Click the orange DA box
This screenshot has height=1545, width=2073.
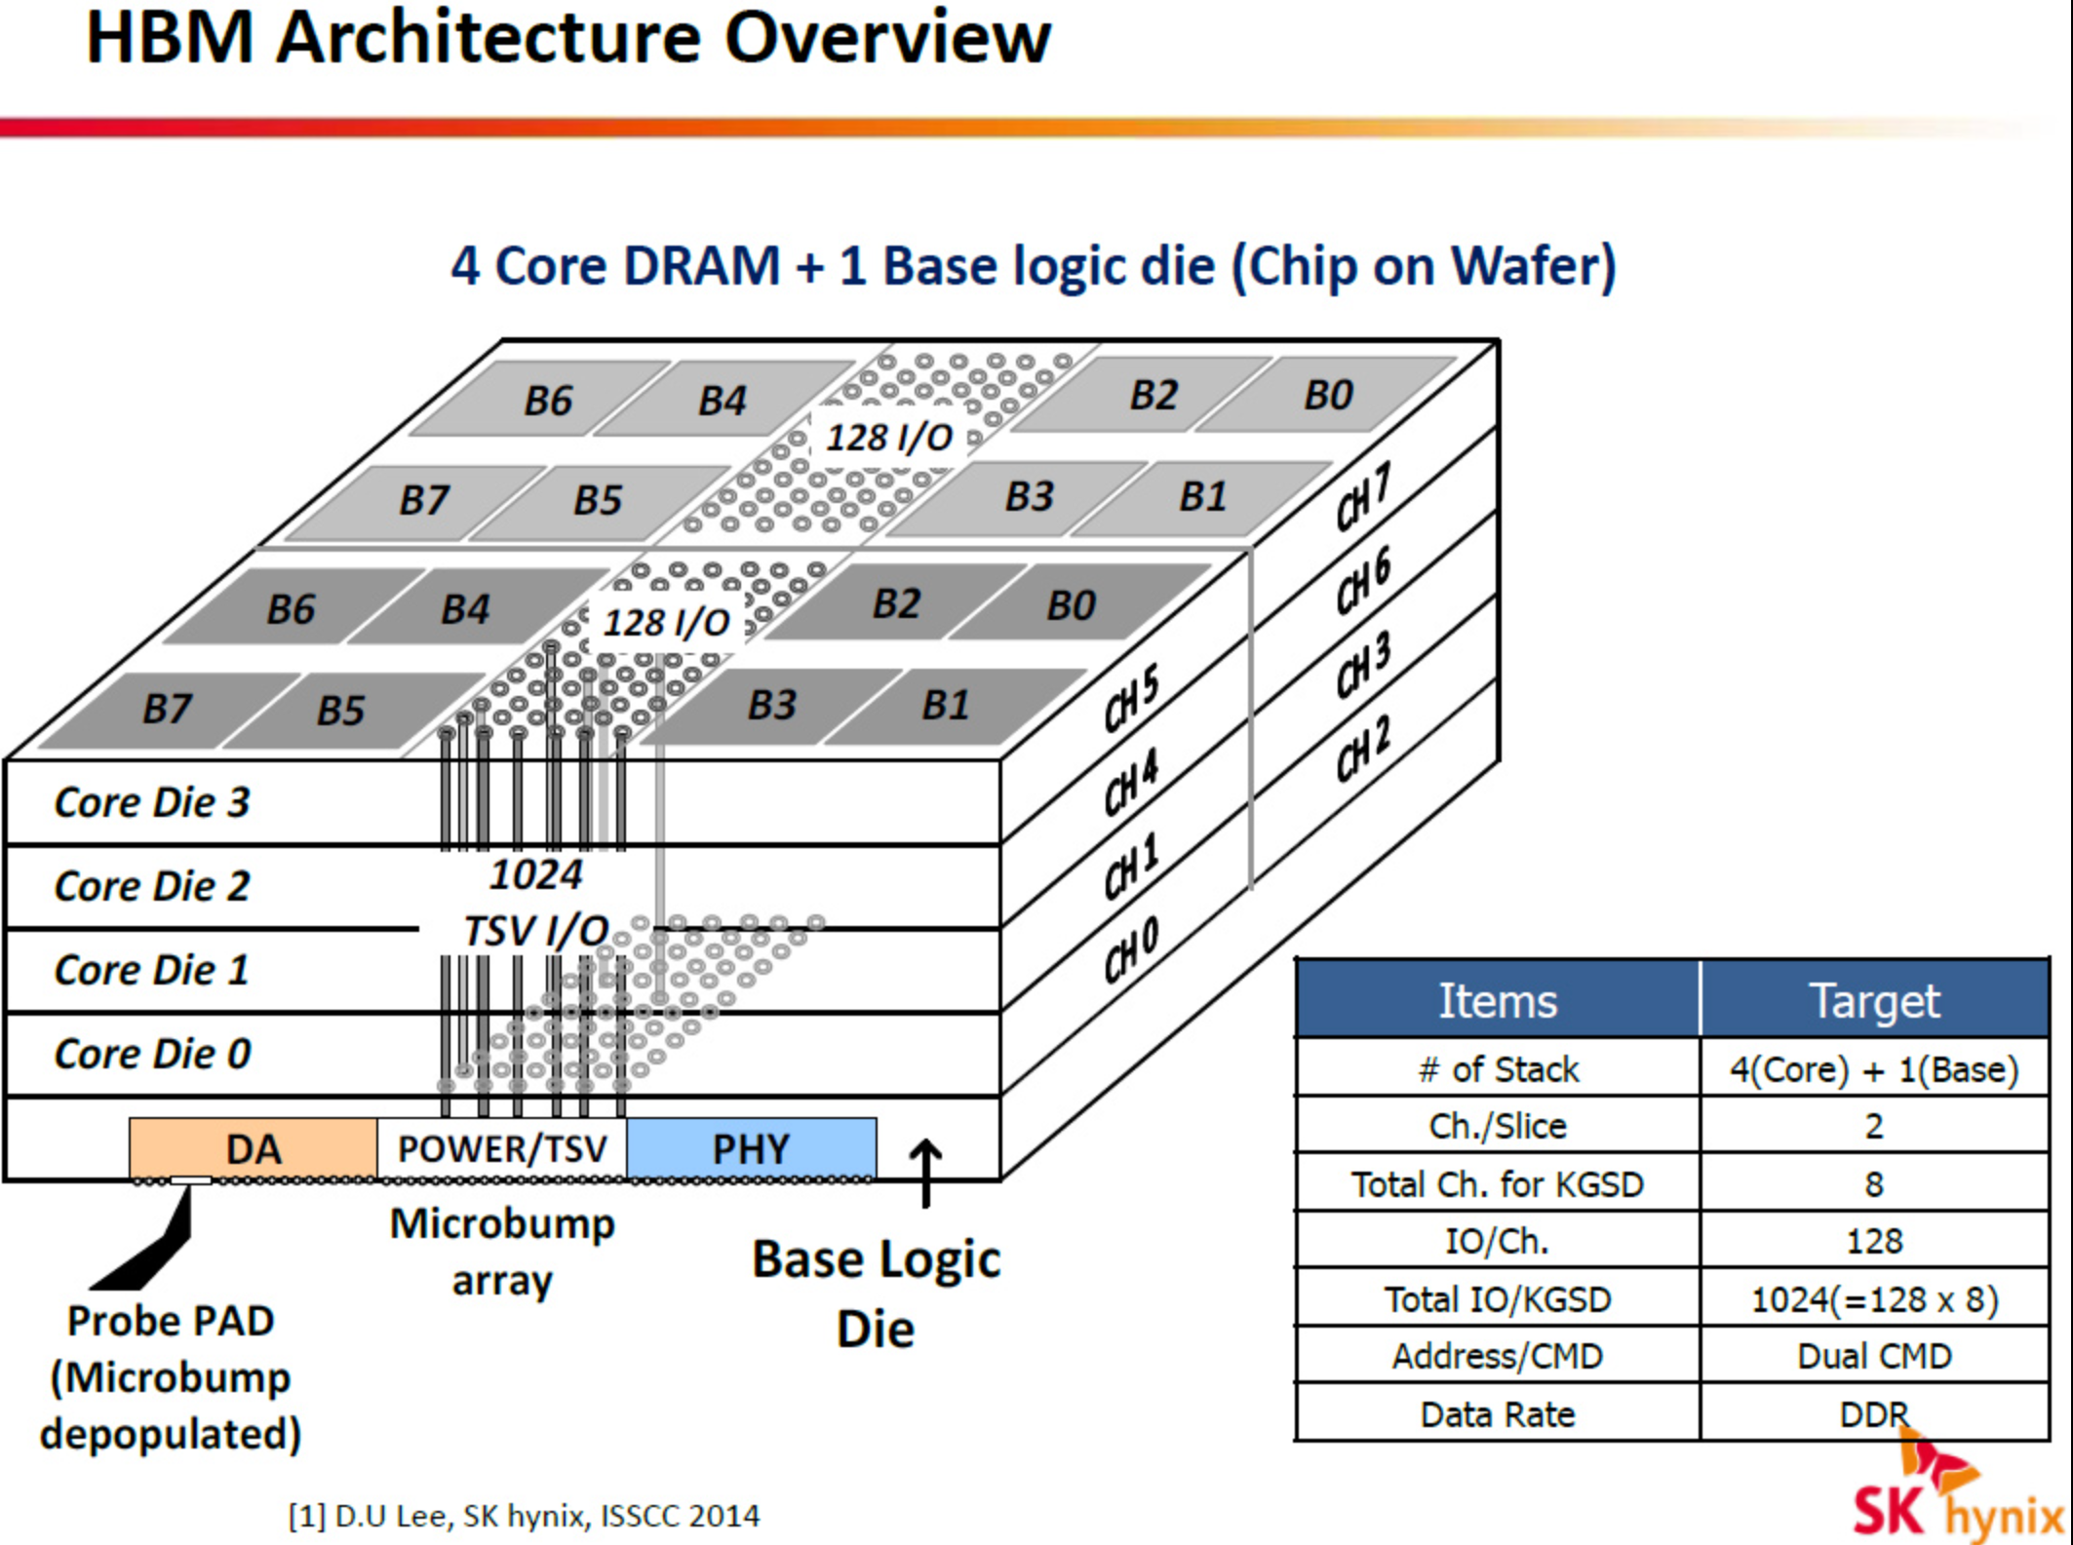253,1148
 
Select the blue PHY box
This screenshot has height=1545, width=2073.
751,1148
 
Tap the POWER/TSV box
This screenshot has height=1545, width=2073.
502,1148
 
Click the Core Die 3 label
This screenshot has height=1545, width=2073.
152,802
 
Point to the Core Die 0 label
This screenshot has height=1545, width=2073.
152,1054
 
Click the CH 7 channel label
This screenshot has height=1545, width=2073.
1362,497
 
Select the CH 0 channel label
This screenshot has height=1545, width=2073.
1131,949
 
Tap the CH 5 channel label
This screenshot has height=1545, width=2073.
1131,698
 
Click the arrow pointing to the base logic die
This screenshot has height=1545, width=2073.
925,1173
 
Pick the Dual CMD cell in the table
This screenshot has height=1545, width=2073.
1873,1356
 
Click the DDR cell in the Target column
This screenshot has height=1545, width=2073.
1873,1413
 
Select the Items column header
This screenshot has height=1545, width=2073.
1498,1000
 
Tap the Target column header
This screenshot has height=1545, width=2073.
1873,1000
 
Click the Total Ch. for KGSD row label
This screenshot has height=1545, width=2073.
1498,1184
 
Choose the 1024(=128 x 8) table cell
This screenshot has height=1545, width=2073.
1873,1299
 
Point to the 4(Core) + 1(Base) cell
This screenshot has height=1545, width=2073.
1873,1069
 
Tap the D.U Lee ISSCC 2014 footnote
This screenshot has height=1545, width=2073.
524,1516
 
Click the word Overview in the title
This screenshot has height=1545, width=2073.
886,39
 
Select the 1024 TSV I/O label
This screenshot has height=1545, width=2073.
536,903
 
